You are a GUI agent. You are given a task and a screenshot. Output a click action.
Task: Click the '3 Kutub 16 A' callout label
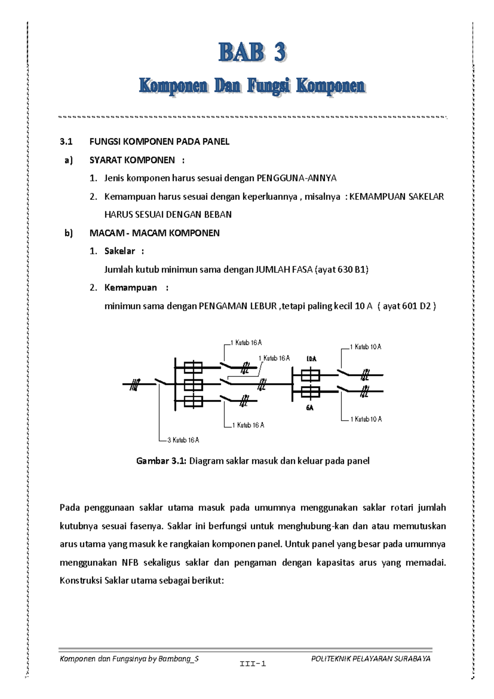pyautogui.click(x=183, y=440)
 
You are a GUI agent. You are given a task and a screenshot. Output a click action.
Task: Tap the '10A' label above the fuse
pyautogui.click(x=312, y=359)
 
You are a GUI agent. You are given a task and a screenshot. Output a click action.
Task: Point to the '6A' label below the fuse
pyautogui.click(x=310, y=408)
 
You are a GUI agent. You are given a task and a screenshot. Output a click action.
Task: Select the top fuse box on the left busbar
pyautogui.click(x=193, y=367)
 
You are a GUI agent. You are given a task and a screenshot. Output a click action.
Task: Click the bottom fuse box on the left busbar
pyautogui.click(x=193, y=401)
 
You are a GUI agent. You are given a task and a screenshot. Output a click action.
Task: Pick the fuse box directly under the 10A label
pyautogui.click(x=310, y=375)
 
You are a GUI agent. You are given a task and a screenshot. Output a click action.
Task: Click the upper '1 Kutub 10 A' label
pyautogui.click(x=366, y=347)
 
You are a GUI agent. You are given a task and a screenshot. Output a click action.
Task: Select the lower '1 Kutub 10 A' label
pyautogui.click(x=366, y=419)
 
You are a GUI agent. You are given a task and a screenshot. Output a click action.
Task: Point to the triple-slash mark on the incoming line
pyautogui.click(x=135, y=385)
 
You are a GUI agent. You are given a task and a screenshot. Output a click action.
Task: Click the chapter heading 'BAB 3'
pyautogui.click(x=252, y=53)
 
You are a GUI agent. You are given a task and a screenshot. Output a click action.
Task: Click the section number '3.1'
pyautogui.click(x=66, y=142)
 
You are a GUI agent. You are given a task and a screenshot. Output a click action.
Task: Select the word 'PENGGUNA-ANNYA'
pyautogui.click(x=296, y=178)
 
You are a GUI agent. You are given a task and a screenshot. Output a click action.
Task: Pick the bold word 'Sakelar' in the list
pyautogui.click(x=119, y=251)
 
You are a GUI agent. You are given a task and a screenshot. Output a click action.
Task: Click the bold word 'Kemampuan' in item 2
pyautogui.click(x=130, y=288)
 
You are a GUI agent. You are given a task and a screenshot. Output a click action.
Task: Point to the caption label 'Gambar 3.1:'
pyautogui.click(x=161, y=461)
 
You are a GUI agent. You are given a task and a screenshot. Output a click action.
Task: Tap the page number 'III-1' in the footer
pyautogui.click(x=253, y=664)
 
